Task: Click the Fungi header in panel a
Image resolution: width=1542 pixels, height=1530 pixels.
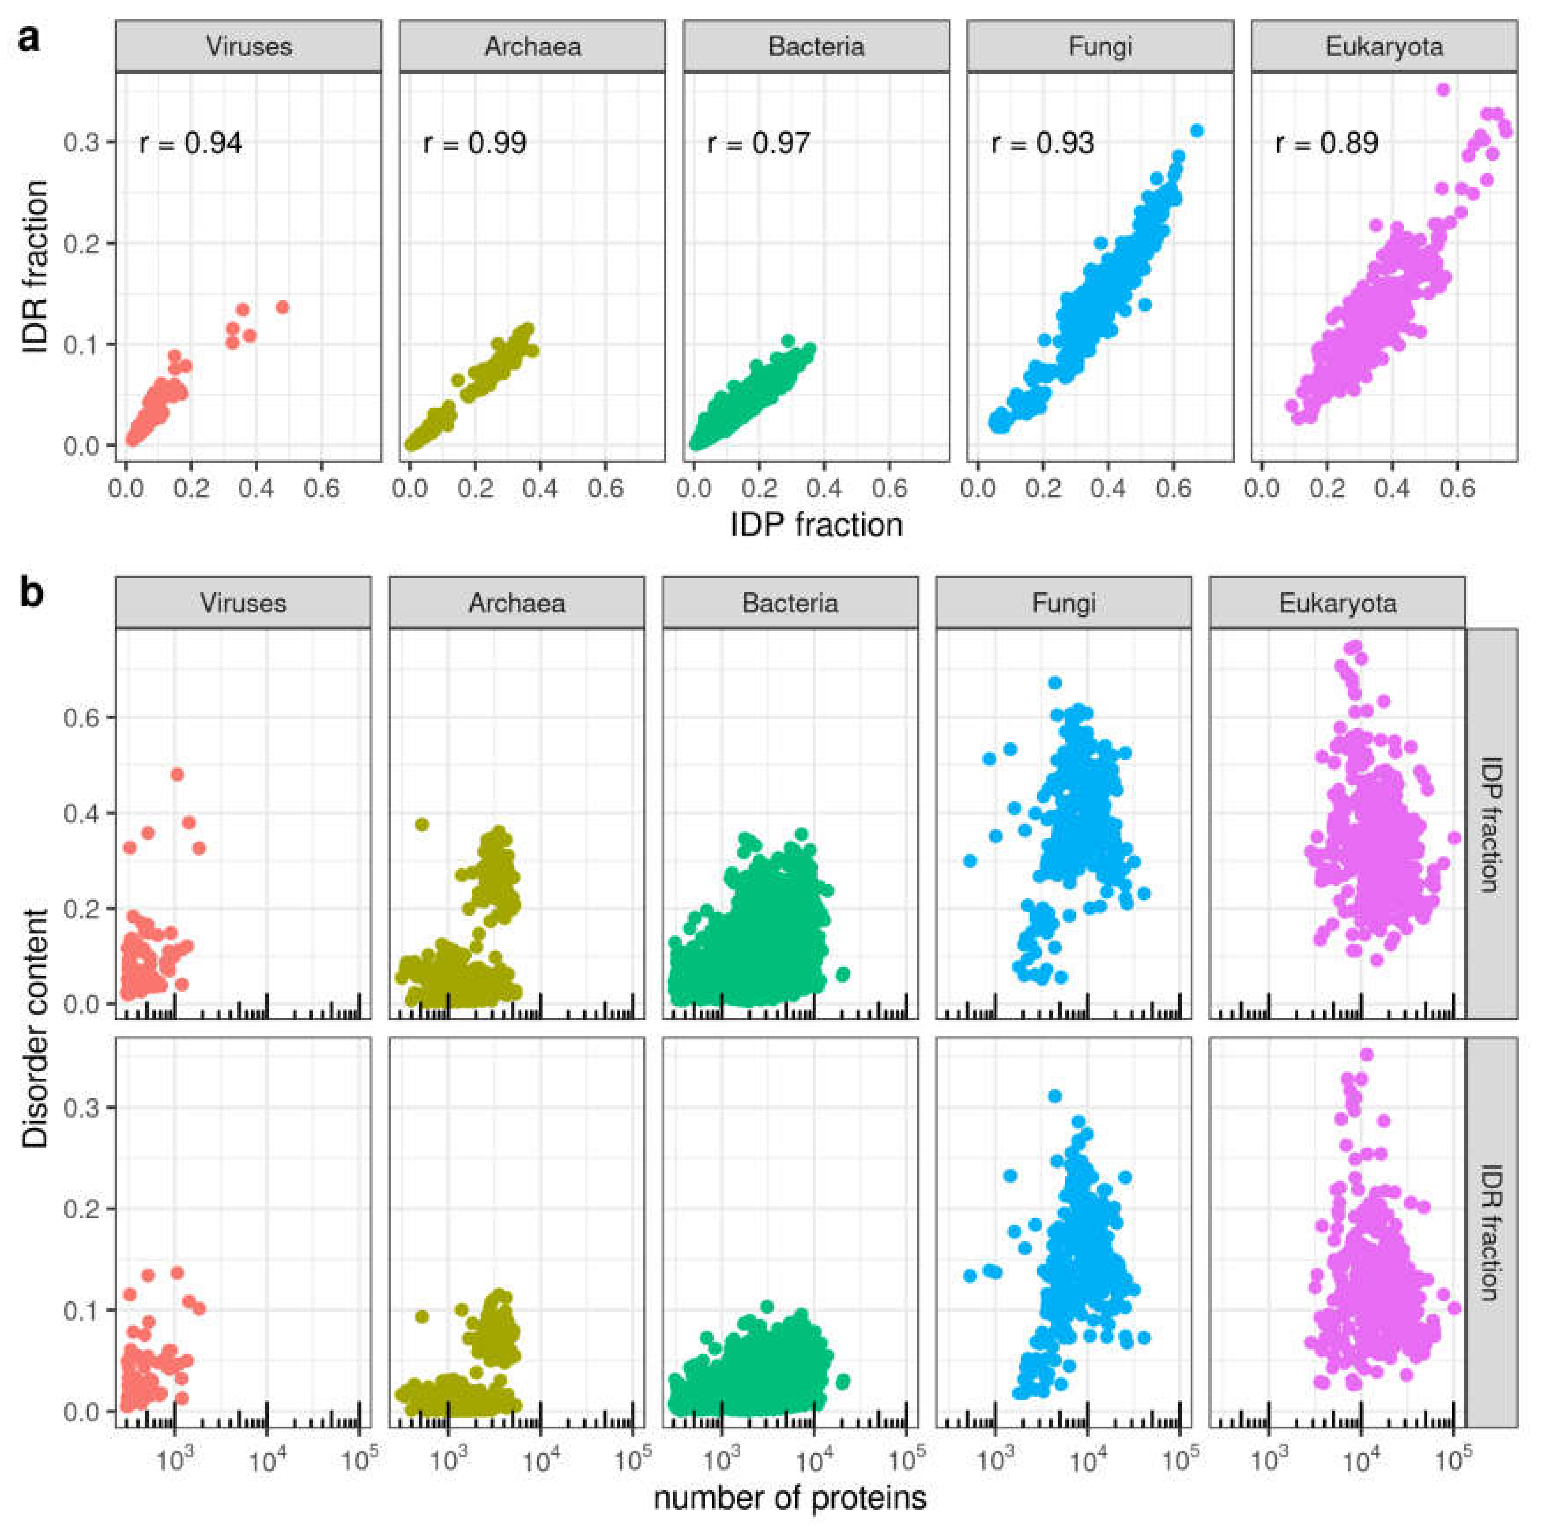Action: (1100, 46)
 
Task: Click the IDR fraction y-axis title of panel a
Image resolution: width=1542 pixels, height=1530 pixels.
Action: (36, 268)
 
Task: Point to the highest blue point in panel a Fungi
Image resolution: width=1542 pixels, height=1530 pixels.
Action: (1195, 131)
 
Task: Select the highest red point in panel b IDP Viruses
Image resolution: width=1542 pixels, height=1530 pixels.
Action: (177, 774)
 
